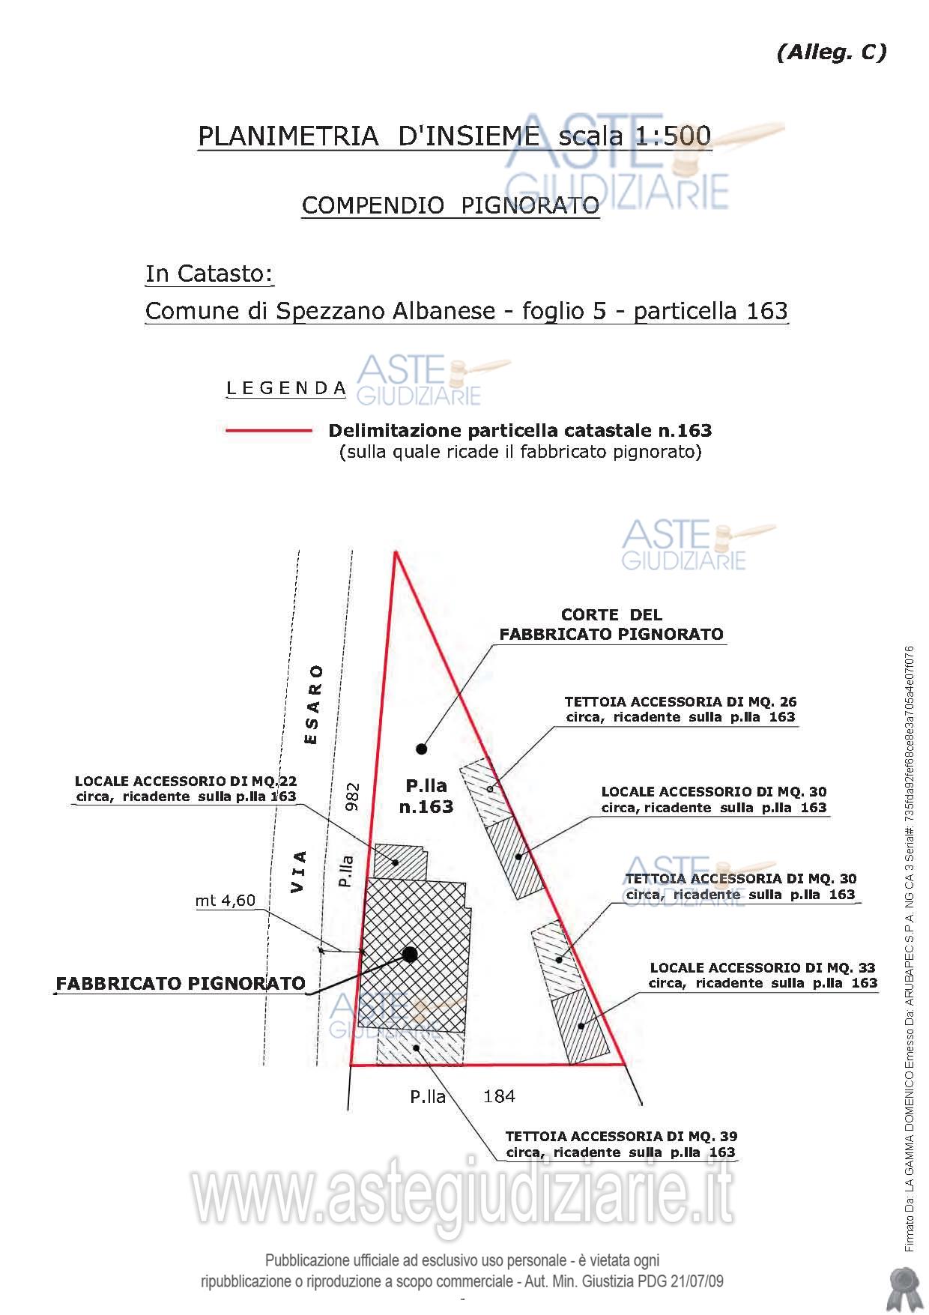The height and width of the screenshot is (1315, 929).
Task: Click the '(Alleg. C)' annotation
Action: pos(832,52)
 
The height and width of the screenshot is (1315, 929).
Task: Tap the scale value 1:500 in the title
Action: pos(673,136)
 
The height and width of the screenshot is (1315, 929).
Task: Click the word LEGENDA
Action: pos(286,388)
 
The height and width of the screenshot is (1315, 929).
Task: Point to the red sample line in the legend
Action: pos(268,431)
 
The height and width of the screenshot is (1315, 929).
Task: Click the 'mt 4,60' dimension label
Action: pos(225,901)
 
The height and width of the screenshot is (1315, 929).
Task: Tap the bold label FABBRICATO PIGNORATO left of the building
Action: pos(181,983)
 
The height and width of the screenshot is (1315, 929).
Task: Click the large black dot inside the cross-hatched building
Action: pos(409,954)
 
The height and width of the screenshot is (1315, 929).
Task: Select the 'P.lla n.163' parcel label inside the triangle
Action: pos(426,796)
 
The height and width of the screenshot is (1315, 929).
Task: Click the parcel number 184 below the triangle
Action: pos(499,1096)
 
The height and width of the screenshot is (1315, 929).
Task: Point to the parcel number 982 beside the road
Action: pos(353,796)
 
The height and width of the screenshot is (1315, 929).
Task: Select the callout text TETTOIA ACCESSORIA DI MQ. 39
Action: pos(621,1136)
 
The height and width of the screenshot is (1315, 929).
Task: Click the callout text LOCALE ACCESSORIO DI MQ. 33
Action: pos(762,967)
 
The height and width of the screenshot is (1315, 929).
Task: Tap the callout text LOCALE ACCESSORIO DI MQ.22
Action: pos(186,782)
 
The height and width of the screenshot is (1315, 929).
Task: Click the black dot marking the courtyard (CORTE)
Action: pos(422,748)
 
